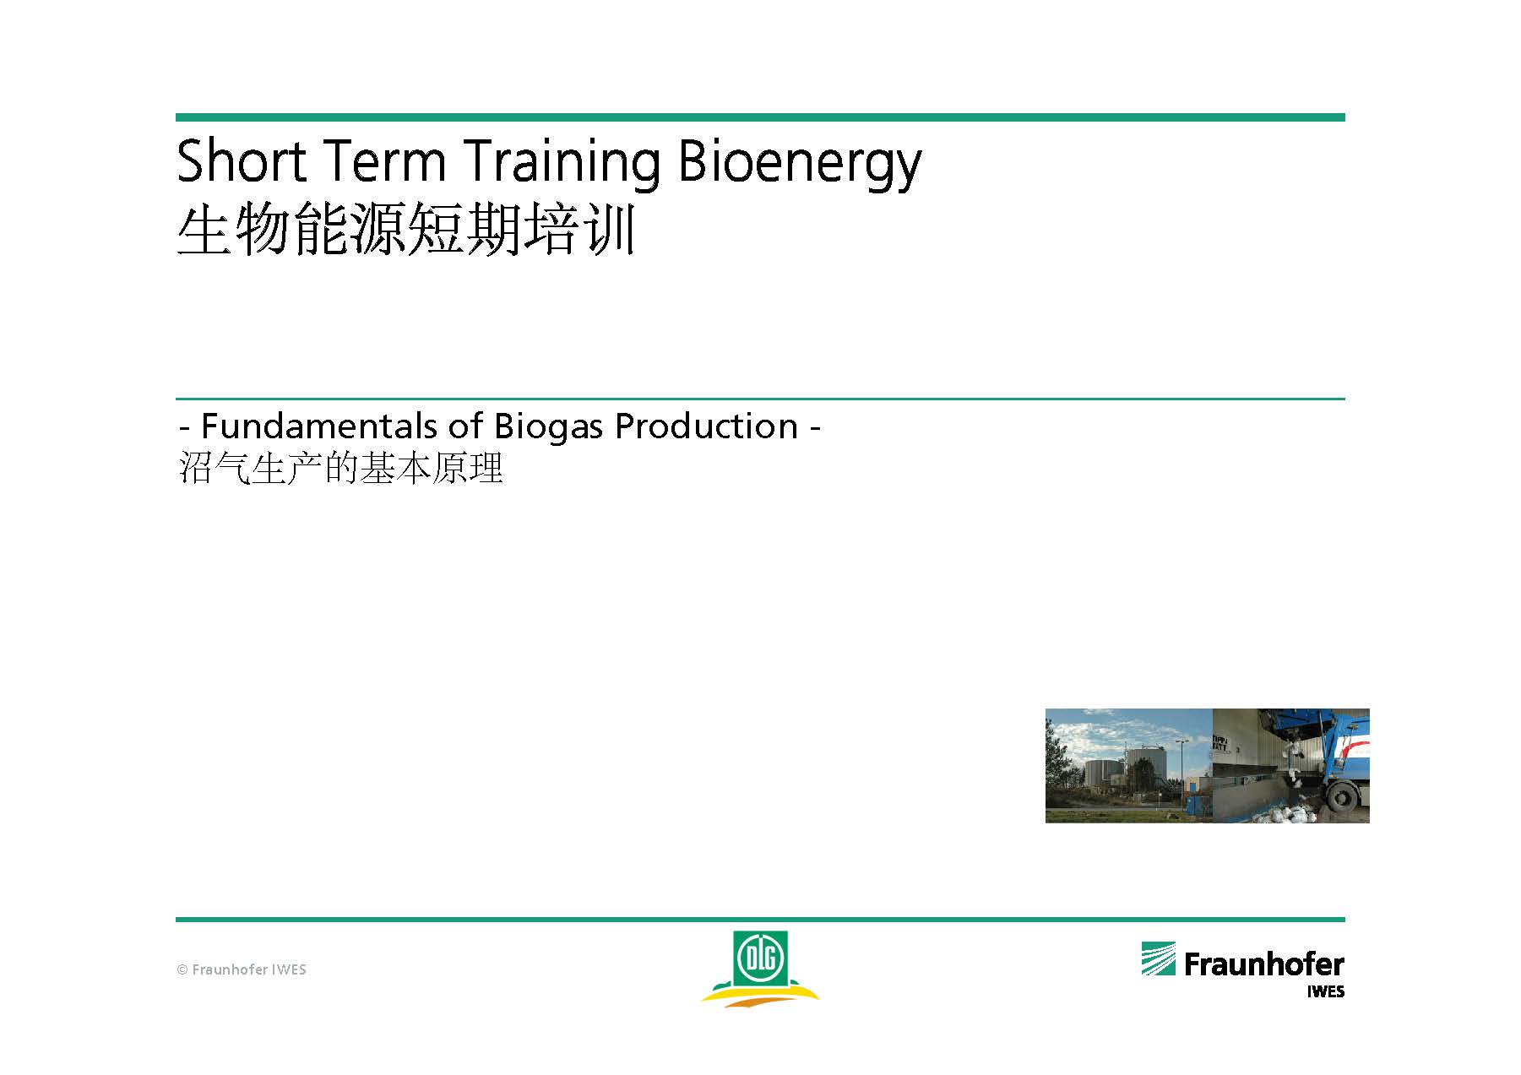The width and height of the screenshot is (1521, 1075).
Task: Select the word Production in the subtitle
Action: tap(706, 426)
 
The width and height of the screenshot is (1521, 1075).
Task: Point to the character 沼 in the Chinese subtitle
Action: tap(195, 468)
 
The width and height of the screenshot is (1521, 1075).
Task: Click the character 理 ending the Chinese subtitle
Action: tap(486, 468)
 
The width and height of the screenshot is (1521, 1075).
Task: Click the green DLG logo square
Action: tap(760, 958)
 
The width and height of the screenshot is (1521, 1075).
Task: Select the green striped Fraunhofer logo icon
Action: tap(1158, 958)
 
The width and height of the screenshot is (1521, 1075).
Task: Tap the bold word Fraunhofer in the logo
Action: tap(1263, 964)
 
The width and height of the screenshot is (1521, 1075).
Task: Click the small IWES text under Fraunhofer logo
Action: tap(1326, 991)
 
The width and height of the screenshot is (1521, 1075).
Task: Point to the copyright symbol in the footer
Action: tap(182, 969)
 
